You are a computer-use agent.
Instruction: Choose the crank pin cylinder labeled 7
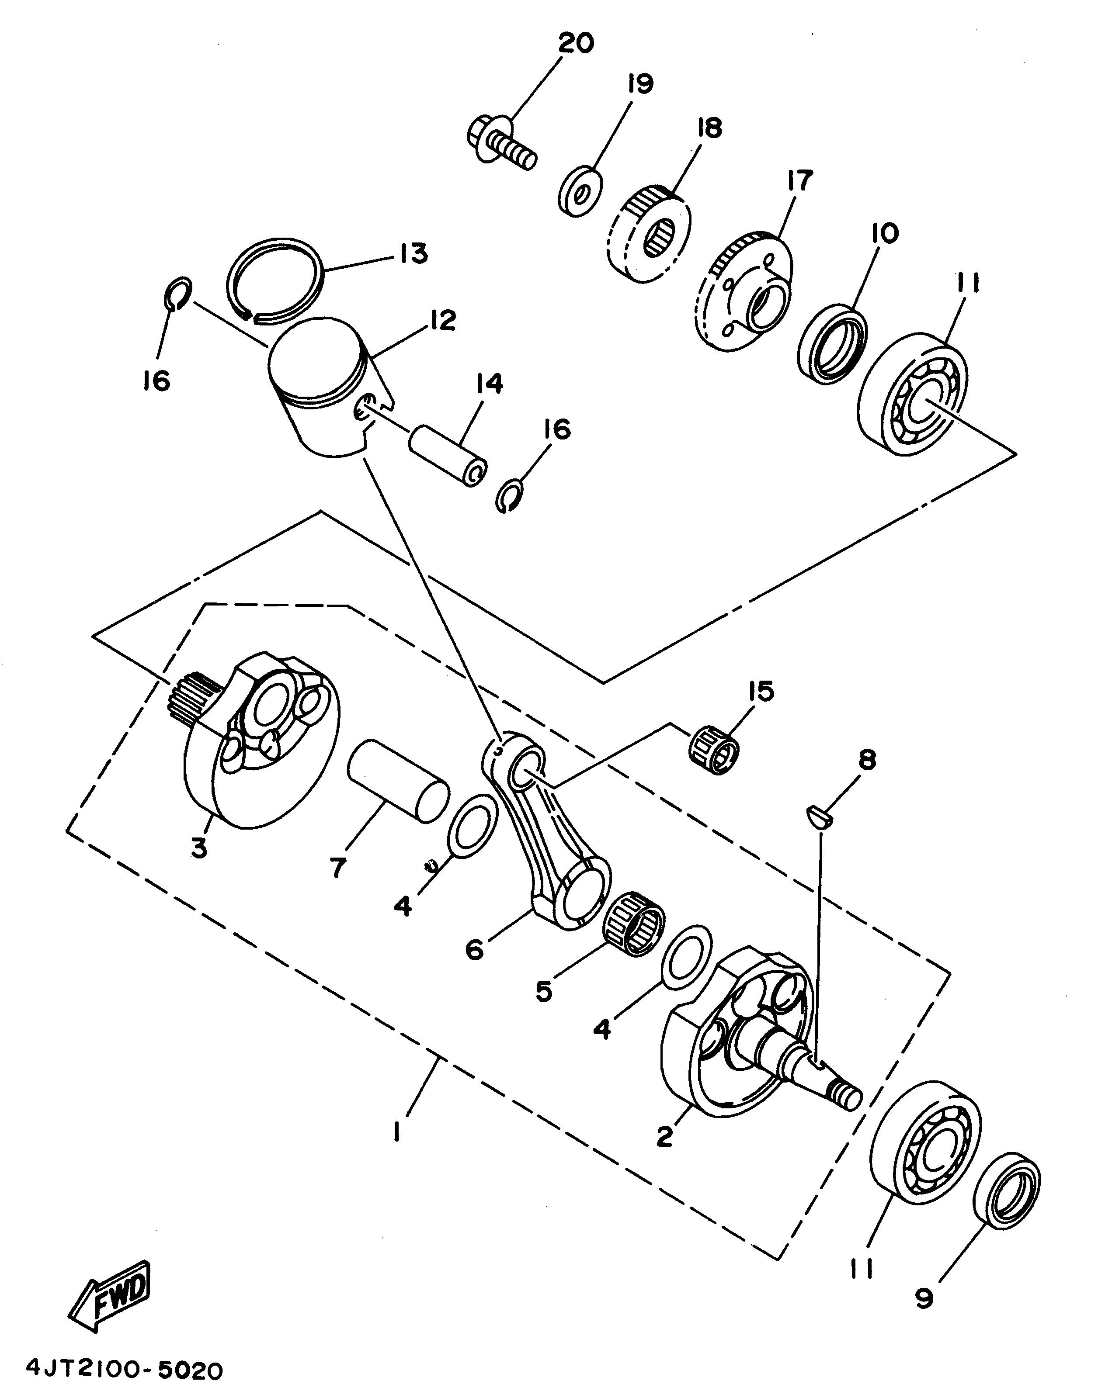(397, 781)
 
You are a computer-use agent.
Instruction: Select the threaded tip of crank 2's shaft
(847, 1095)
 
